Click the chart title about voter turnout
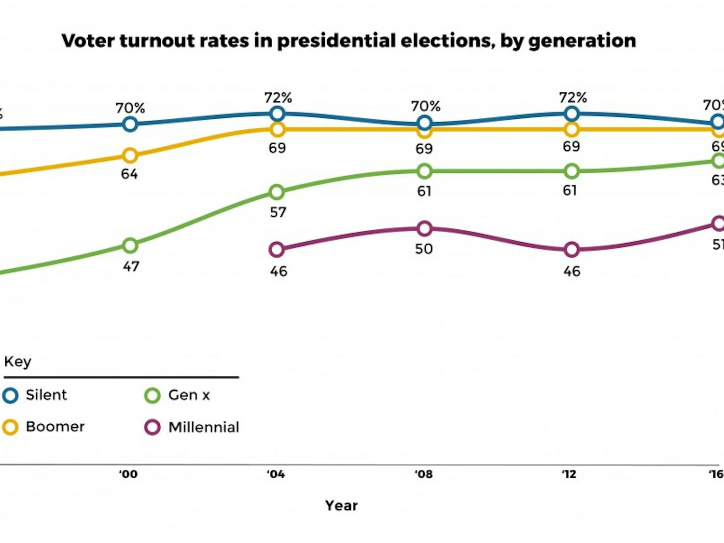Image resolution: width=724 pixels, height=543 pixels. click(348, 41)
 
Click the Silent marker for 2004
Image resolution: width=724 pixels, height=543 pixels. click(277, 114)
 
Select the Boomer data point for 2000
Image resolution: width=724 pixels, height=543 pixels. click(130, 155)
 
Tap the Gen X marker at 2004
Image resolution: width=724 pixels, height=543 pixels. click(277, 192)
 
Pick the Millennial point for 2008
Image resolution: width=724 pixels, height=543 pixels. click(424, 228)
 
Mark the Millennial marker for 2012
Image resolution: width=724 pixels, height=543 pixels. click(571, 250)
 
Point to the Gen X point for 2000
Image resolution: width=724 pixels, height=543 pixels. click(130, 245)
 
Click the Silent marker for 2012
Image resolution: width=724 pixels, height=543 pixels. click(571, 114)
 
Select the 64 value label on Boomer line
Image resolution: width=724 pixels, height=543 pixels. click(129, 174)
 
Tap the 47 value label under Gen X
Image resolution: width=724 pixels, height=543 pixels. click(131, 266)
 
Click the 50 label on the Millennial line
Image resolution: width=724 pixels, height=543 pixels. click(424, 249)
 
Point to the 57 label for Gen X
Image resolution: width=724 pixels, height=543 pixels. click(278, 212)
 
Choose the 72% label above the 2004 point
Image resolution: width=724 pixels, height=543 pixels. click(278, 98)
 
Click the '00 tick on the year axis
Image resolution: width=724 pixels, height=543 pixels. click(128, 474)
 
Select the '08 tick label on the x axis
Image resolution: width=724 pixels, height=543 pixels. click(423, 474)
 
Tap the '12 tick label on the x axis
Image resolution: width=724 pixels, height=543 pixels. click(569, 474)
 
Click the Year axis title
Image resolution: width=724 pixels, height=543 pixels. click(341, 505)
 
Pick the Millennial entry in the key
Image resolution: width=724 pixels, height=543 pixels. click(203, 427)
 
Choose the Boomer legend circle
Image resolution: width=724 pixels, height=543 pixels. click(10, 427)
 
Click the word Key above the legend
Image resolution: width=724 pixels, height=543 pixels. click(17, 362)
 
